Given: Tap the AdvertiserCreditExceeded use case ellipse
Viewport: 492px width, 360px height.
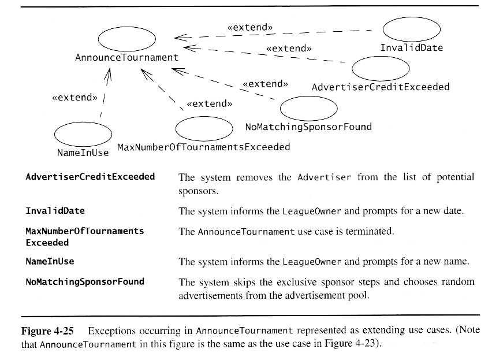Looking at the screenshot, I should pyautogui.click(x=381, y=69).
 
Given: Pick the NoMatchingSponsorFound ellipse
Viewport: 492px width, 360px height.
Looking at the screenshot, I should pyautogui.click(x=308, y=108).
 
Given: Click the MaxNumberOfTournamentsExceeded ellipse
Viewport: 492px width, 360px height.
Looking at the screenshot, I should pyautogui.click(x=204, y=128).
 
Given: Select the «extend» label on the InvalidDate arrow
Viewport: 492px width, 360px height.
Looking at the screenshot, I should pyautogui.click(x=250, y=27).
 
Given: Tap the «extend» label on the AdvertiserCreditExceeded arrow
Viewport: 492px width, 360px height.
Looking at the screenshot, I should pyautogui.click(x=289, y=49).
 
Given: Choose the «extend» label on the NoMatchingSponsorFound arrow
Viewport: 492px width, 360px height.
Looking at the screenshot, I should pyautogui.click(x=265, y=84).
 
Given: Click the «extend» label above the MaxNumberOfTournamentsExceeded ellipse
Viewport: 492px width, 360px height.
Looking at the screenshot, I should pyautogui.click(x=210, y=104).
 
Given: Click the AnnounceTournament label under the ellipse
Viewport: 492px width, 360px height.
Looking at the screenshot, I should pyautogui.click(x=127, y=58).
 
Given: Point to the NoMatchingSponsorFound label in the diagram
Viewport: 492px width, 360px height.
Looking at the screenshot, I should pyautogui.click(x=308, y=127).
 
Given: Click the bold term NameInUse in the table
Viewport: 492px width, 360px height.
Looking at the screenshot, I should pyautogui.click(x=50, y=261).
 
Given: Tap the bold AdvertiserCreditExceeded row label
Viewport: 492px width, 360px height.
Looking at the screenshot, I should pyautogui.click(x=91, y=177).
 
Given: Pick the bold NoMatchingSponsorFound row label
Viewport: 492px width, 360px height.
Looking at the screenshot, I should pyautogui.click(x=85, y=282).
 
